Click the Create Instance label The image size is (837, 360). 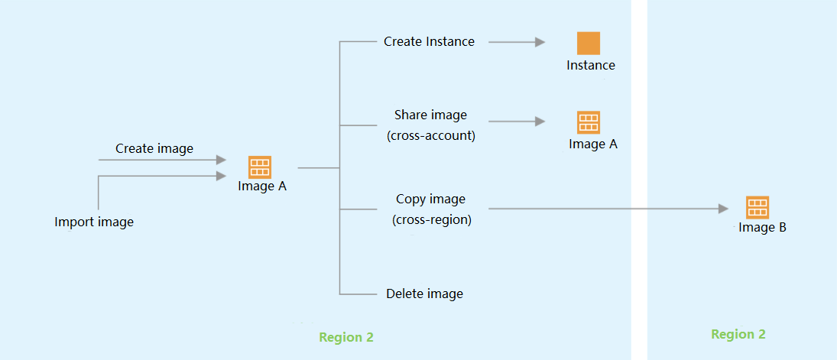pyautogui.click(x=429, y=42)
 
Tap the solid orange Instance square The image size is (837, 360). pyautogui.click(x=589, y=43)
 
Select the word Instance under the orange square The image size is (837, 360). pyautogui.click(x=590, y=66)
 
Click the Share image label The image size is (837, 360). pyautogui.click(x=430, y=115)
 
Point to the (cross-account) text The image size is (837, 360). pyautogui.click(x=431, y=135)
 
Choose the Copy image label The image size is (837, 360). pyautogui.click(x=430, y=199)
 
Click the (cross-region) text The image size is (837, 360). pyautogui.click(x=431, y=220)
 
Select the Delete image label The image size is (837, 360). pyautogui.click(x=424, y=294)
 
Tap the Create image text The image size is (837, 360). pyautogui.click(x=154, y=148)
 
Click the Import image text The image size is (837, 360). pyautogui.click(x=94, y=222)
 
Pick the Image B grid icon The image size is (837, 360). pyautogui.click(x=758, y=207)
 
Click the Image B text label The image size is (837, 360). pyautogui.click(x=762, y=228)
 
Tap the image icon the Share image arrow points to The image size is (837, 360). pyautogui.click(x=589, y=122)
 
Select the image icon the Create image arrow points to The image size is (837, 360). pyautogui.click(x=260, y=167)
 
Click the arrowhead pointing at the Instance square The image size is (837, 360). pyautogui.click(x=540, y=43)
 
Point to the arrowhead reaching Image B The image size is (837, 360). pyautogui.click(x=724, y=208)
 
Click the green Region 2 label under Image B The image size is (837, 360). pyautogui.click(x=738, y=334)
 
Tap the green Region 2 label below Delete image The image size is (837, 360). pyautogui.click(x=346, y=337)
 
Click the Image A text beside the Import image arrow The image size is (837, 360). pyautogui.click(x=262, y=186)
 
